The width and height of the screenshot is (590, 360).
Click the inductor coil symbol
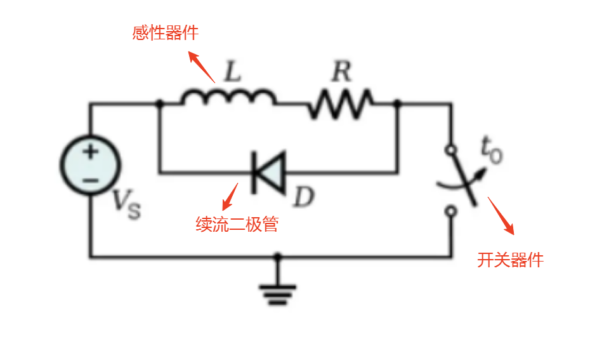pyautogui.click(x=228, y=98)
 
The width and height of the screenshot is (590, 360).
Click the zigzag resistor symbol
pyautogui.click(x=341, y=103)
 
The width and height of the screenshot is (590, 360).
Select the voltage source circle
pyautogui.click(x=90, y=166)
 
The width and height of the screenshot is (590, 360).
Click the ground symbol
pyautogui.click(x=277, y=293)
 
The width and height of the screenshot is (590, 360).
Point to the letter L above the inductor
pyautogui.click(x=233, y=72)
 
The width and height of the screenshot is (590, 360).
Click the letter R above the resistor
pyautogui.click(x=341, y=72)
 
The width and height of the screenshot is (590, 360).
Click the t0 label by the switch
pyautogui.click(x=490, y=151)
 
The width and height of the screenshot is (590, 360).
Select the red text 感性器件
pyautogui.click(x=165, y=33)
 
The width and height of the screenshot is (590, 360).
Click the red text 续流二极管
pyautogui.click(x=237, y=224)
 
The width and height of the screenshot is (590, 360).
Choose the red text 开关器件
pyautogui.click(x=510, y=260)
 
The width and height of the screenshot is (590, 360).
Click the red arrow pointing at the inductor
pyautogui.click(x=203, y=66)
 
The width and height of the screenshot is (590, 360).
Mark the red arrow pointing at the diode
pyautogui.click(x=230, y=196)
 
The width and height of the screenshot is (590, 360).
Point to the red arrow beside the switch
pyautogui.click(x=501, y=215)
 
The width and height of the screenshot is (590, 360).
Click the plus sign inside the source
pyautogui.click(x=90, y=152)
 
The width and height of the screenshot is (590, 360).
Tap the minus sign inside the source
pyautogui.click(x=90, y=180)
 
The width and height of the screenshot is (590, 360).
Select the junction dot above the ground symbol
pyautogui.click(x=277, y=257)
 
